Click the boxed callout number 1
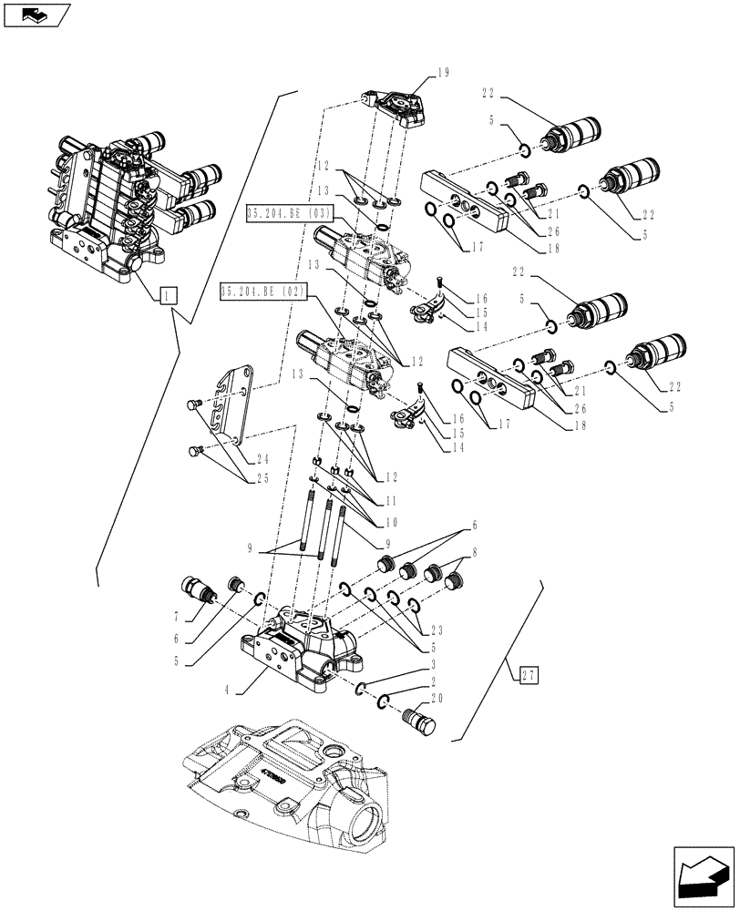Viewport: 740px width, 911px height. (168, 294)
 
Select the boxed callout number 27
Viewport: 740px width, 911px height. (528, 674)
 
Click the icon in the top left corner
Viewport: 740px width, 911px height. (36, 15)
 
